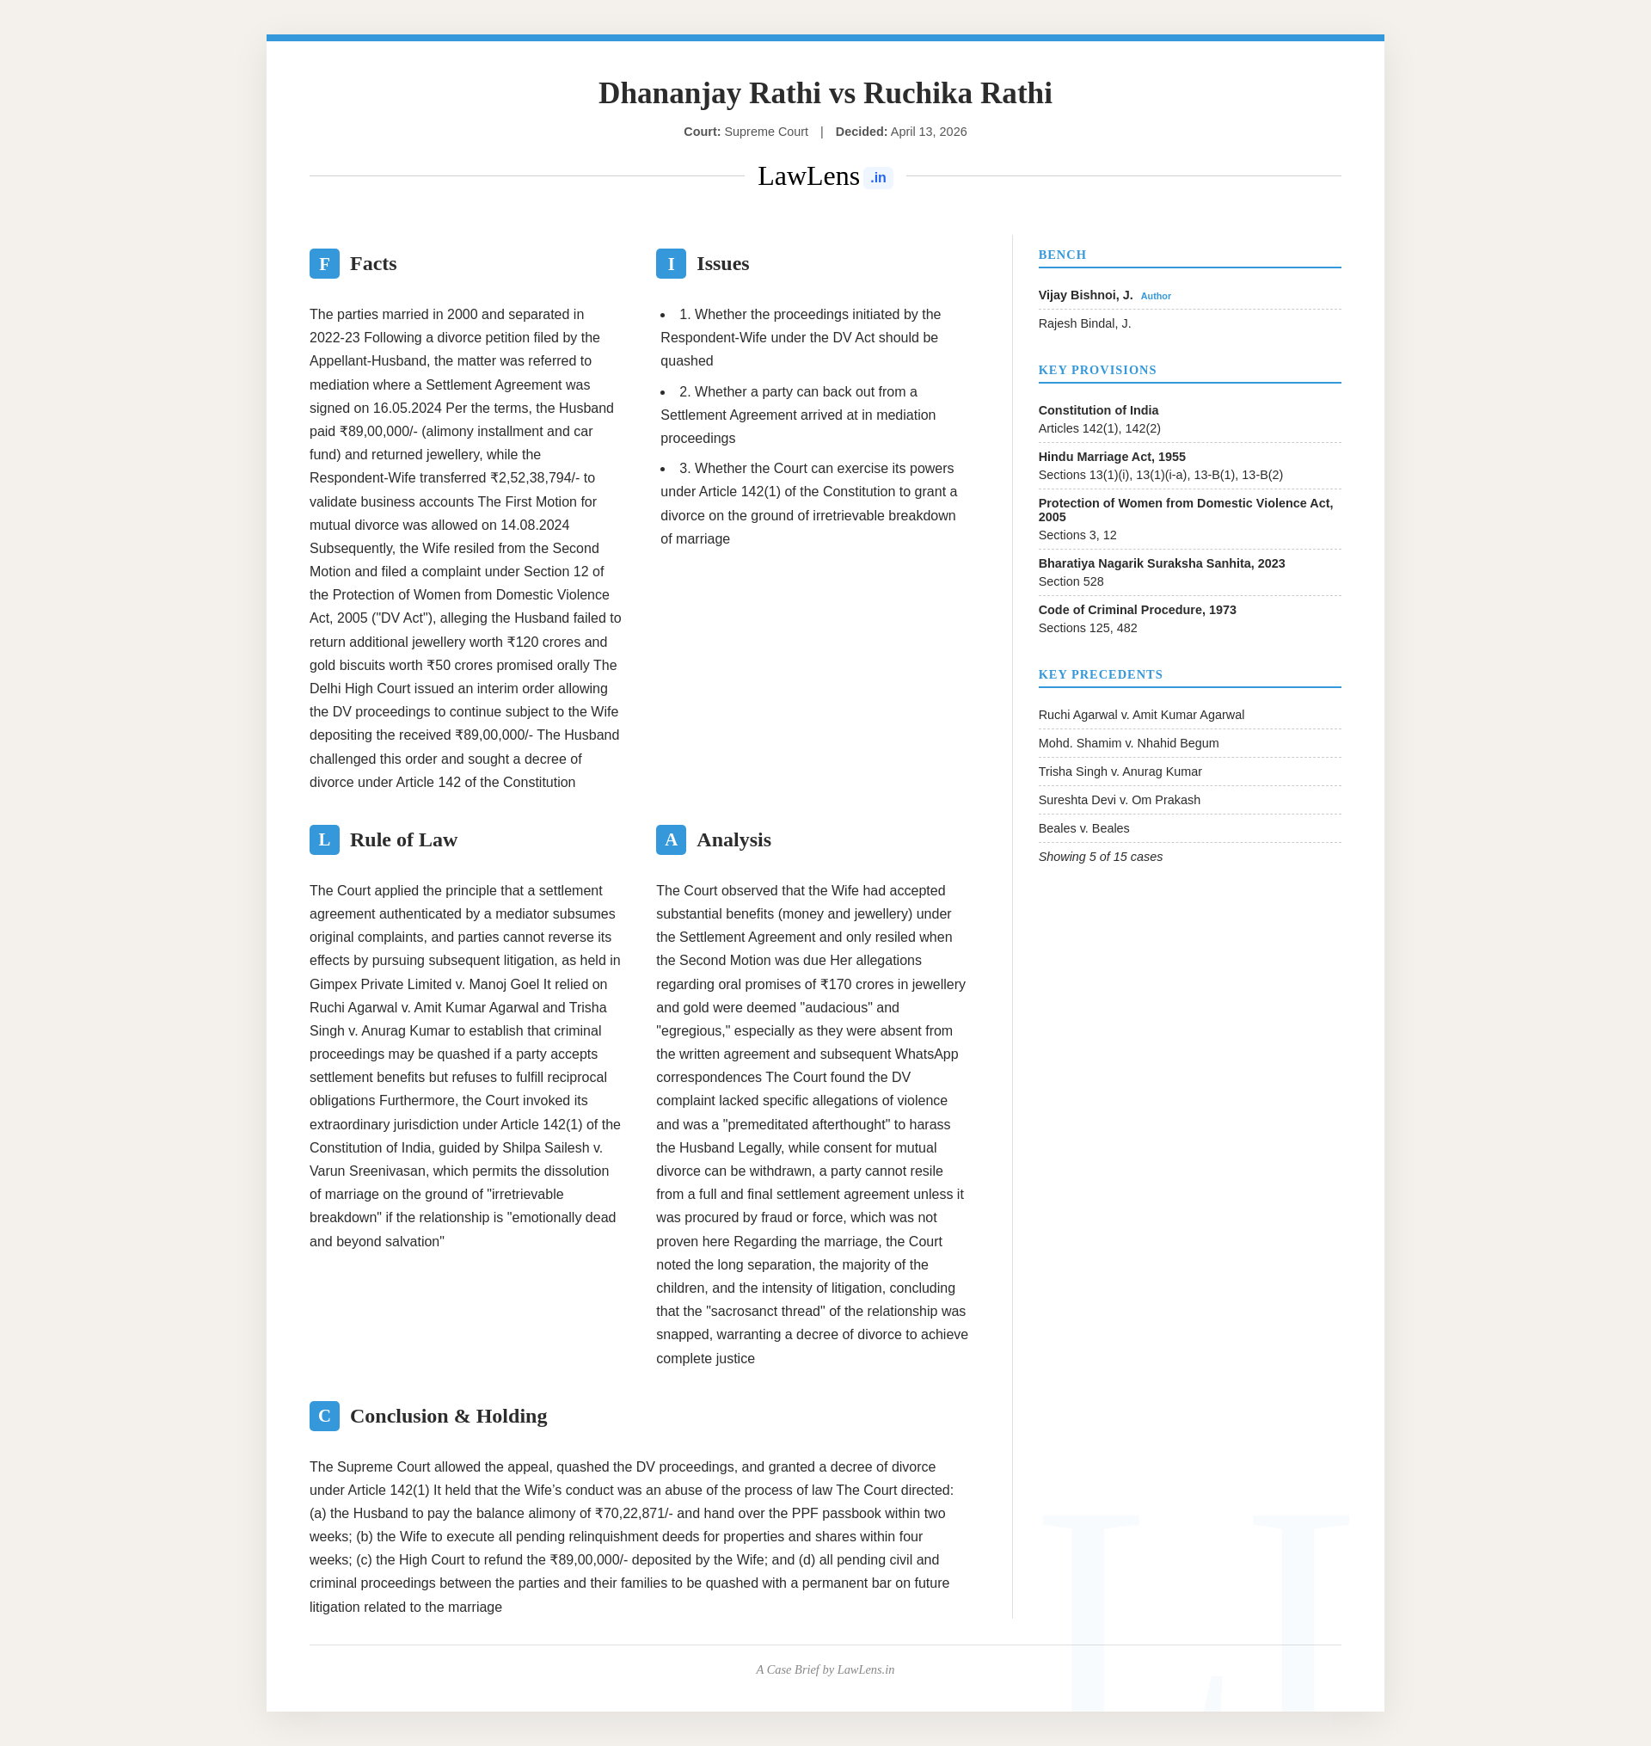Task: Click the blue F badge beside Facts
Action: (324, 264)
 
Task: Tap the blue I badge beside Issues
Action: (671, 264)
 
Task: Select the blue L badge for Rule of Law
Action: (324, 839)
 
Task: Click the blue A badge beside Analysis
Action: (671, 839)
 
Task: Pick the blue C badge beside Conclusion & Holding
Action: (324, 1416)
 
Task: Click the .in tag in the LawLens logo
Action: (877, 178)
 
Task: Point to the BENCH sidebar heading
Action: (1062, 255)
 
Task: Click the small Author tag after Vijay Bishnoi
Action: (1156, 297)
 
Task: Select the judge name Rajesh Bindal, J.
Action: (1084, 324)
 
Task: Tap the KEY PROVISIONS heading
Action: (1096, 371)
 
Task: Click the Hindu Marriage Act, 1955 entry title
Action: (1112, 457)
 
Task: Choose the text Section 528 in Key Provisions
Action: (1071, 581)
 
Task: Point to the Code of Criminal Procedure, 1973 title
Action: (1137, 610)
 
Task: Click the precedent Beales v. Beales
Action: (1083, 828)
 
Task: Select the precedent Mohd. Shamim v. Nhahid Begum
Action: (1128, 744)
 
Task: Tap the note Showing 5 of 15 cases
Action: (1100, 858)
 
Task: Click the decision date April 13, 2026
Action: (929, 132)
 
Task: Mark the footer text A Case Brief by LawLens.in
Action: (825, 1670)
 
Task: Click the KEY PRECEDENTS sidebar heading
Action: (1100, 675)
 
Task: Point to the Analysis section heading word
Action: (733, 839)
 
